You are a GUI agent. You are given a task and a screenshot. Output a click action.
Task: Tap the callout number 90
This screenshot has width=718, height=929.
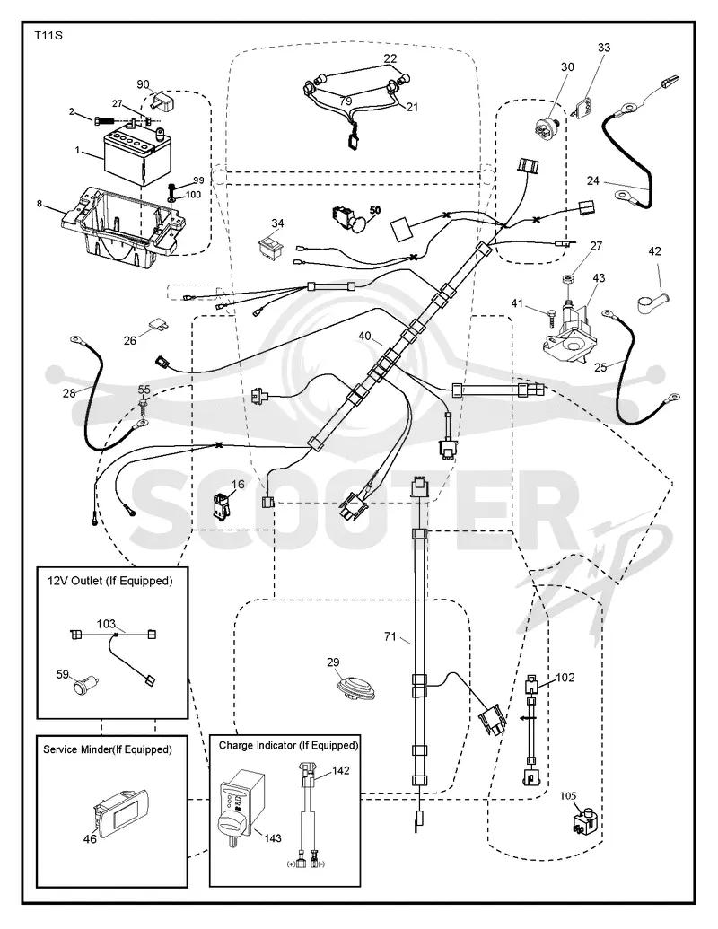[143, 84]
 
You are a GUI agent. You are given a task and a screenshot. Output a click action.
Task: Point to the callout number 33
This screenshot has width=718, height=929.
[604, 47]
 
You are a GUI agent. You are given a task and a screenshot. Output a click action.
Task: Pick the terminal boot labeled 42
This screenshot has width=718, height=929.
[649, 301]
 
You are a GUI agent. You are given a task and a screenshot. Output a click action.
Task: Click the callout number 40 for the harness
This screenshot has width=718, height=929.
[365, 336]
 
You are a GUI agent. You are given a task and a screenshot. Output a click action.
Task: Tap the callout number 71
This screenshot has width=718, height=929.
[390, 636]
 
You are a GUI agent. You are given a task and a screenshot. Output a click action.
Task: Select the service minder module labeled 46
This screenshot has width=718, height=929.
[119, 811]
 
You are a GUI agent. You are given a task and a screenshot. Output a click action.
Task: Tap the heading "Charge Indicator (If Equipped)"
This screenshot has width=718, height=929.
[288, 745]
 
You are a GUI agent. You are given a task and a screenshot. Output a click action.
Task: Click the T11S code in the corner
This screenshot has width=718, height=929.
[48, 36]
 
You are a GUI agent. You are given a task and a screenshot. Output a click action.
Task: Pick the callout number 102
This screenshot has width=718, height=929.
[565, 677]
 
